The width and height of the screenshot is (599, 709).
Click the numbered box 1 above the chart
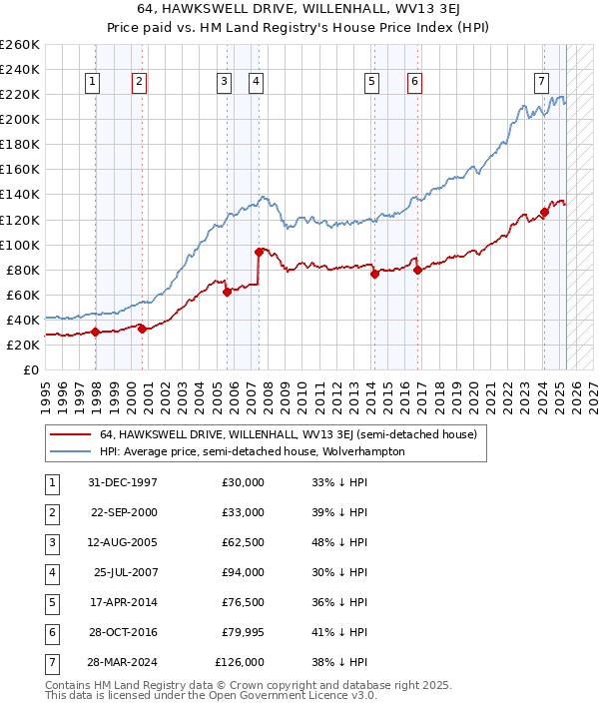point(93,82)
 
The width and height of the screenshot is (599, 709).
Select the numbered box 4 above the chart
point(257,82)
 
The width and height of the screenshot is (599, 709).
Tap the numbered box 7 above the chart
point(540,82)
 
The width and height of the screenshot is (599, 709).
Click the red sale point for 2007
point(259,252)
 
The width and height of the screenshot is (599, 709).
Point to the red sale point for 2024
point(545,212)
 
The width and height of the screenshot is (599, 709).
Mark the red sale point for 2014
point(374,274)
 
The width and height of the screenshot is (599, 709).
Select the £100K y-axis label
point(20,245)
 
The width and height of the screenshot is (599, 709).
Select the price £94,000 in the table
point(243,572)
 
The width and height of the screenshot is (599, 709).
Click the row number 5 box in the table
point(49,602)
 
